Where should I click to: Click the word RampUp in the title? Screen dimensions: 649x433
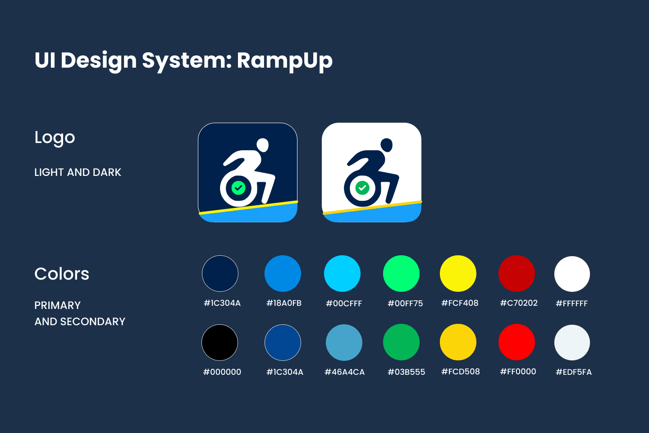pos(285,61)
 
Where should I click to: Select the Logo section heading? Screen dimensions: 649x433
pos(55,138)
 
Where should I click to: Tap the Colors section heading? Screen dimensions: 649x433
pos(62,273)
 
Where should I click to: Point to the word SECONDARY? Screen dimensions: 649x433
pos(93,322)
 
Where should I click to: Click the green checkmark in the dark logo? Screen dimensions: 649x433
pos(238,188)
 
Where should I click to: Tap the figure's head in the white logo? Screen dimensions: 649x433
pos(387,145)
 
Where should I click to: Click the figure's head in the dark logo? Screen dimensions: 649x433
pos(263,145)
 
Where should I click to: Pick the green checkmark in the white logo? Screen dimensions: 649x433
pos(362,188)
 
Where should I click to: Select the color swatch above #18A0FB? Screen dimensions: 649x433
pos(283,273)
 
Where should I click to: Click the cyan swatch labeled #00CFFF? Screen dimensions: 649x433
pos(342,273)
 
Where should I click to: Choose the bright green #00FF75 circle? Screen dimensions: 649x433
pos(401,273)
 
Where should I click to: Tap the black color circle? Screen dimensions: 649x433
pos(219,342)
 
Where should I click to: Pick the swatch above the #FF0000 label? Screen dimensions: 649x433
pos(516,342)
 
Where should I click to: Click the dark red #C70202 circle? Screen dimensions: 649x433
pos(516,273)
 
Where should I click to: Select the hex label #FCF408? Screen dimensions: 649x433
pos(460,303)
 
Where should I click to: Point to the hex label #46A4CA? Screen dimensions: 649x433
pos(344,372)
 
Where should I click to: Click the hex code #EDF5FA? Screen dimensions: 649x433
pos(574,372)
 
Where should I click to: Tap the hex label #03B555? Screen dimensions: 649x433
pos(407,372)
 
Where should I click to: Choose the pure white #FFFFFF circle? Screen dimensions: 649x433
pos(572,274)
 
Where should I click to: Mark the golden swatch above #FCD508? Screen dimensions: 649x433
pos(458,342)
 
